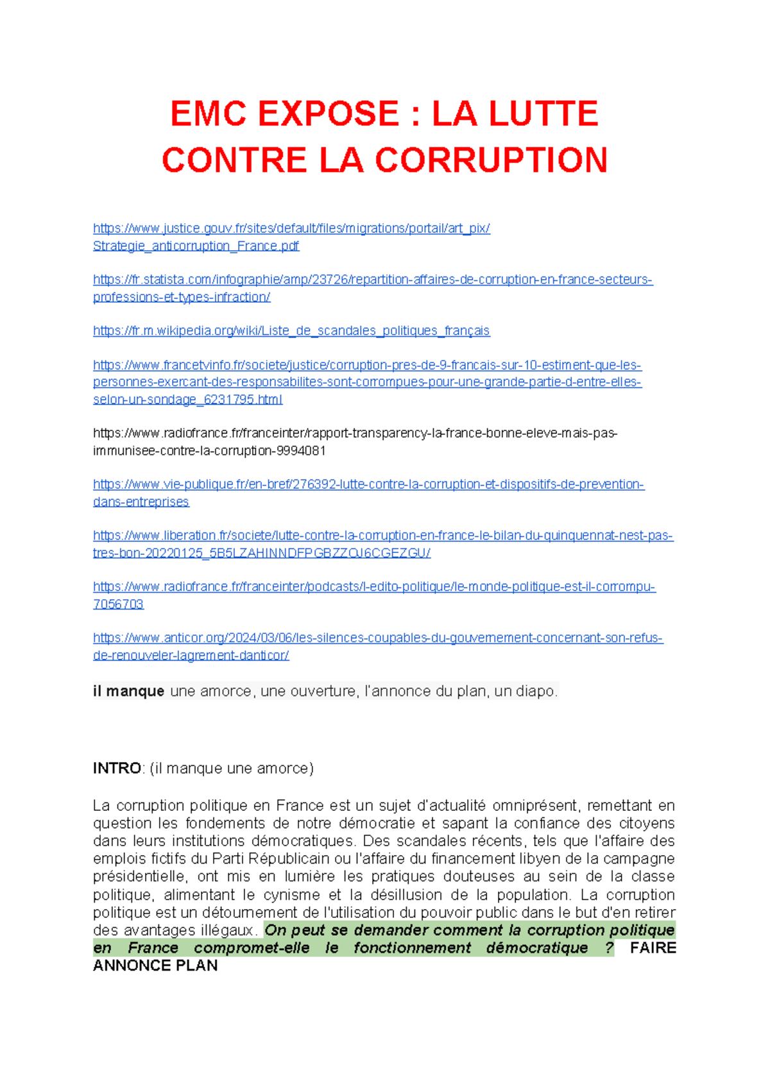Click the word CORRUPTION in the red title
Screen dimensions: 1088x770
coord(491,160)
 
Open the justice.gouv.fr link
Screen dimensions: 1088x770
coord(291,228)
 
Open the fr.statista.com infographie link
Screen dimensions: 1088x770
coord(372,280)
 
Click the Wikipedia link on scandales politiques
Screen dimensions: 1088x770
coord(291,331)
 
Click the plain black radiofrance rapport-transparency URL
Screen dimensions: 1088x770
coord(355,434)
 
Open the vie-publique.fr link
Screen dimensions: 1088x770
coord(368,484)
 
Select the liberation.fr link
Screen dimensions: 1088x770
coord(382,536)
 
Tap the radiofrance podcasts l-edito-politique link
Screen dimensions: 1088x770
coord(374,587)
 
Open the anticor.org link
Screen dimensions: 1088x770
coord(377,638)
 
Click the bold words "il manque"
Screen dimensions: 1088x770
coord(128,692)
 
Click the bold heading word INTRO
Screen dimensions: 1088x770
coord(117,769)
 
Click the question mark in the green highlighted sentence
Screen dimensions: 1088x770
coord(609,948)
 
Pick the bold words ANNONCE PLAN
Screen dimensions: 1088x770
coord(155,966)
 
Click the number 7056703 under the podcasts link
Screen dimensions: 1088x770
coord(118,604)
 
